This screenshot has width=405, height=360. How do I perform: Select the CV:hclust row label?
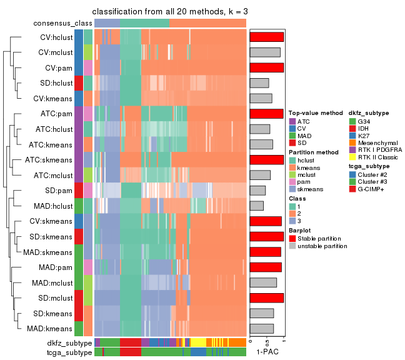pyautogui.click(x=56, y=37)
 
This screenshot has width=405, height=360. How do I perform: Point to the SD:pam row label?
pyautogui.click(x=60, y=190)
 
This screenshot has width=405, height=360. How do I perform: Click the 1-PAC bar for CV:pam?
pyautogui.click(x=266, y=67)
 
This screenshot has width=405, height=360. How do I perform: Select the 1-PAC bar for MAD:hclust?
pyautogui.click(x=256, y=206)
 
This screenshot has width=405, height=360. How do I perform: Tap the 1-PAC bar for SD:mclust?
pyautogui.click(x=266, y=297)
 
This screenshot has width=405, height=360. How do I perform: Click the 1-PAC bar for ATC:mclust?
pyautogui.click(x=260, y=175)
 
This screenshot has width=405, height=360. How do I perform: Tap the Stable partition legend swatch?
pyautogui.click(x=292, y=238)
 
